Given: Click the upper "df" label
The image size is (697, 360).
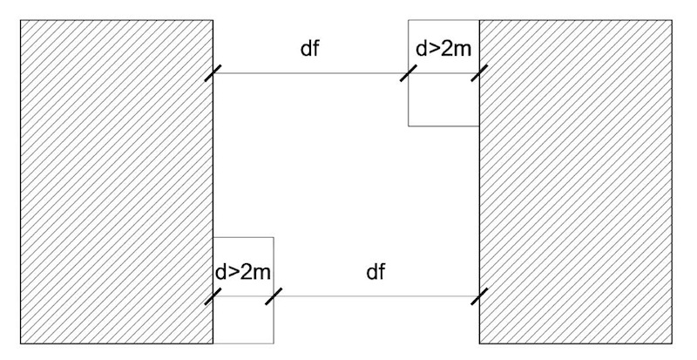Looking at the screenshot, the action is (309, 50).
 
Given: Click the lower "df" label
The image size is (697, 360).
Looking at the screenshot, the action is (376, 272).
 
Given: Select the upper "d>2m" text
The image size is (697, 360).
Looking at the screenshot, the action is (444, 49).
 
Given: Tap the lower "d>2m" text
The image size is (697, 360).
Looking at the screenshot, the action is (243, 272).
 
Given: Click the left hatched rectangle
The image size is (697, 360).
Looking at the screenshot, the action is (117, 181).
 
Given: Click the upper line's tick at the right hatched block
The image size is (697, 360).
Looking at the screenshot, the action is (479, 73).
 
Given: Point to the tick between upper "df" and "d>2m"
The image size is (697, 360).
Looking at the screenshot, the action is (409, 73).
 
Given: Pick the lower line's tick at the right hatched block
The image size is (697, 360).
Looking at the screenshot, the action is (479, 295).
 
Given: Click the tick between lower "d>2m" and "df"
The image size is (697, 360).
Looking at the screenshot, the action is (274, 295).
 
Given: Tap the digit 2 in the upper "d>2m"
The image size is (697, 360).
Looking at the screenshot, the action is (450, 49).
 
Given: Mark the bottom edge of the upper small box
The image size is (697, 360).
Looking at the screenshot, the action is (443, 126).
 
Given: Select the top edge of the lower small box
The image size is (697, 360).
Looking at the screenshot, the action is (243, 236).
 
